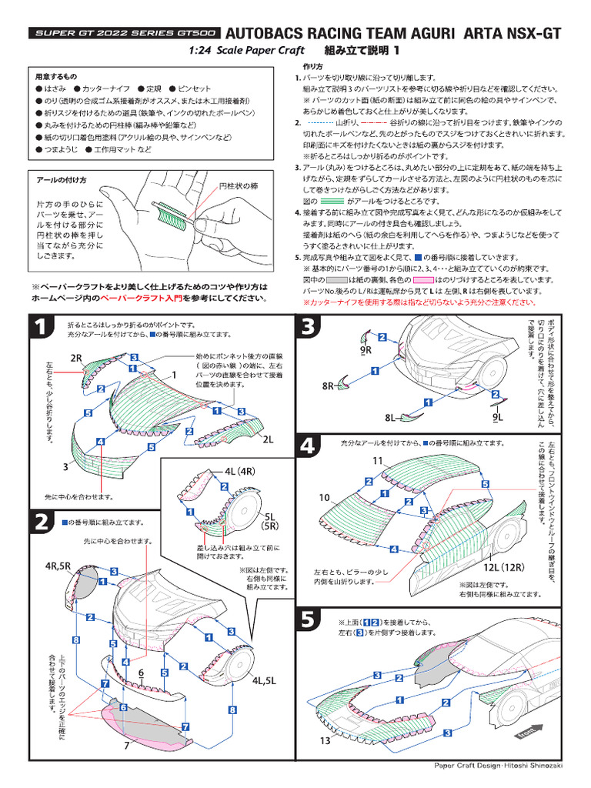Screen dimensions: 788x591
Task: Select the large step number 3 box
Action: [309, 328]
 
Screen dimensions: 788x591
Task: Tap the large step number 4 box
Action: [309, 446]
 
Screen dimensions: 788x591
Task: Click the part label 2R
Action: [75, 359]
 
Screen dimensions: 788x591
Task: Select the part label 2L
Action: [268, 440]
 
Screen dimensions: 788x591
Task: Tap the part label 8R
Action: [329, 386]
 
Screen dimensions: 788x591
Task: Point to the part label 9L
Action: [498, 417]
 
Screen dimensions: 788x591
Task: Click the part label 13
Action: [325, 741]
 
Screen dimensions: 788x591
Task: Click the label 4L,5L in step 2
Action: [264, 680]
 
